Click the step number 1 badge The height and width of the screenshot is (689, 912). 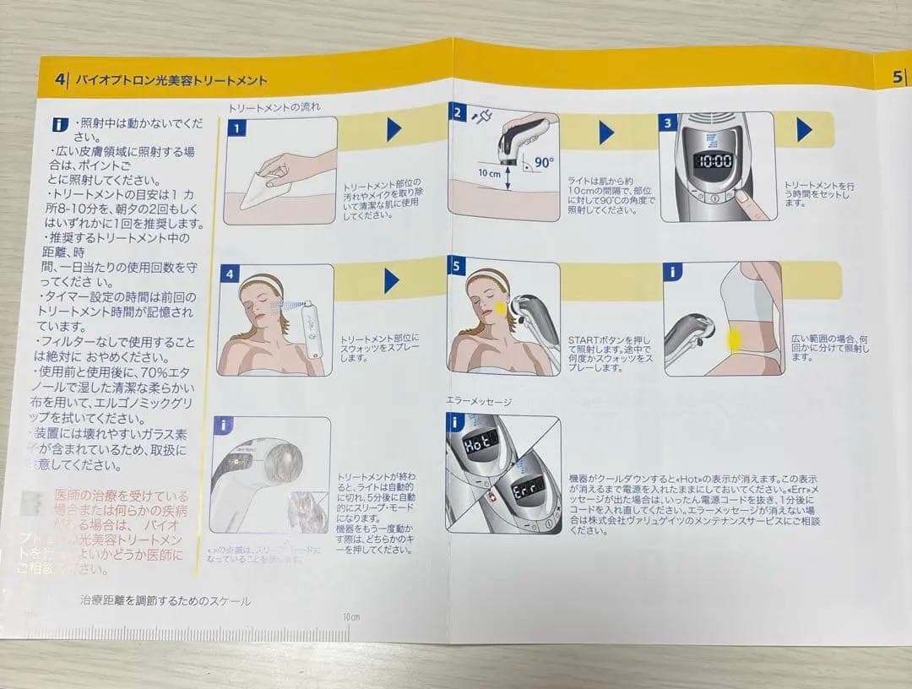(x=237, y=128)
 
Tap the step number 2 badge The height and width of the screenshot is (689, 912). (x=459, y=112)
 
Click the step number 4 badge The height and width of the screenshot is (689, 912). (x=229, y=275)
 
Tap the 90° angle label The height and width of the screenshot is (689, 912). (x=542, y=163)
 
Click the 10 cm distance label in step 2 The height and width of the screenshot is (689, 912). (x=489, y=173)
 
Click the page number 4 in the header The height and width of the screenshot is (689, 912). (x=60, y=80)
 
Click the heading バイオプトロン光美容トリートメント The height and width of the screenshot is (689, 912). (x=171, y=81)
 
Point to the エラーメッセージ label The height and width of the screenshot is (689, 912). (x=479, y=402)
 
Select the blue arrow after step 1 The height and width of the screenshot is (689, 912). (x=394, y=129)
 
